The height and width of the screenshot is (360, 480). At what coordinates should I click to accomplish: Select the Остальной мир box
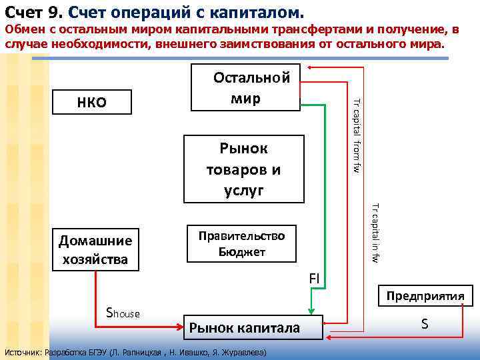(x=246, y=87)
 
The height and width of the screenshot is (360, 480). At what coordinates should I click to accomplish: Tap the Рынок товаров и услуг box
(x=244, y=169)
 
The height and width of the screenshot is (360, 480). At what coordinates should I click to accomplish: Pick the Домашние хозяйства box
(x=96, y=250)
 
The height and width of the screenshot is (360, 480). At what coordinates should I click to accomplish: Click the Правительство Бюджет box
(x=241, y=243)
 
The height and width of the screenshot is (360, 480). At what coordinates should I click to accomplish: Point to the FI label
(x=315, y=277)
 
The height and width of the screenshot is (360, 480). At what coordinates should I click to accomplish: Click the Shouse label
(x=123, y=311)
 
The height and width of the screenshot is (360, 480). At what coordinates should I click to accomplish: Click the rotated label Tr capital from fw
(x=357, y=137)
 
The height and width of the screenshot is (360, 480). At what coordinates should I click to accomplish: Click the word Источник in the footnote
(x=22, y=351)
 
